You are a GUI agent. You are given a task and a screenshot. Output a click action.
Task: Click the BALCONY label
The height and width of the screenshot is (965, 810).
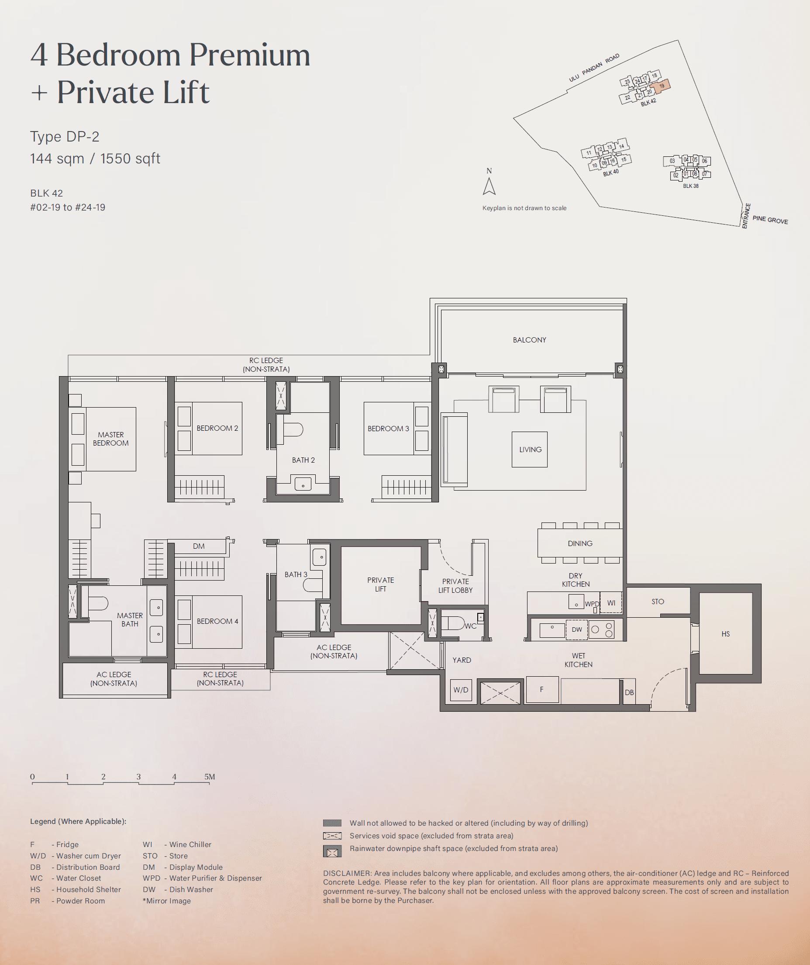click(529, 340)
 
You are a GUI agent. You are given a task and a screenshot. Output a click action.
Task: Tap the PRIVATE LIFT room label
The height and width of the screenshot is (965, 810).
click(380, 584)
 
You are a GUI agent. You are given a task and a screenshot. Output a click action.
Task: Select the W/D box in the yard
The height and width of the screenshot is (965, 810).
click(461, 690)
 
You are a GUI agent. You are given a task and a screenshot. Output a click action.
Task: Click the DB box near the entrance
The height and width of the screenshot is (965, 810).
click(629, 692)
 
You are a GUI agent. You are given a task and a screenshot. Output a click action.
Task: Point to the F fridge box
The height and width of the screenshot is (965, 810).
click(542, 689)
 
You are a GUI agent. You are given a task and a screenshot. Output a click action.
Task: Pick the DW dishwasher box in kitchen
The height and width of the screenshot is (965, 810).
click(576, 629)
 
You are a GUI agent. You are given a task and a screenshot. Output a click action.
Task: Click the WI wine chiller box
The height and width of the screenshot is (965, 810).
click(611, 603)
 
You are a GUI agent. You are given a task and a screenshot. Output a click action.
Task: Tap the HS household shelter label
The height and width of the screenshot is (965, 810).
click(725, 634)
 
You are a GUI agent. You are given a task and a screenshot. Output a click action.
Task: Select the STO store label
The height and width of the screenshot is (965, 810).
click(658, 602)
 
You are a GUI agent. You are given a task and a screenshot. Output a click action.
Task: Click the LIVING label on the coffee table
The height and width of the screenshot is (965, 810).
click(530, 450)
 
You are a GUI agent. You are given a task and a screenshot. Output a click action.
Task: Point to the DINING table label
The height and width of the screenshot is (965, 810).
click(580, 543)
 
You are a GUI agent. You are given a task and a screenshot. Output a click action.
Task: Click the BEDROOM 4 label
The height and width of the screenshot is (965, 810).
click(217, 621)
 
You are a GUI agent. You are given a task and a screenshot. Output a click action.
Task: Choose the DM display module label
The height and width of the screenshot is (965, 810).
click(199, 546)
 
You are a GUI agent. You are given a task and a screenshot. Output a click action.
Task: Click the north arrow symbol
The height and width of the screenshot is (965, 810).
click(489, 186)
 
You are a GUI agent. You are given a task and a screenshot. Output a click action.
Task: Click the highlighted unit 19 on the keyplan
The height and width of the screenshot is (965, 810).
click(661, 86)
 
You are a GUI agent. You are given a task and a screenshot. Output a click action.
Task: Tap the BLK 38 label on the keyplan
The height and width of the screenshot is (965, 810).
click(690, 186)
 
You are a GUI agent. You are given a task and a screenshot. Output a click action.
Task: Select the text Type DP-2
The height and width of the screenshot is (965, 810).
click(64, 136)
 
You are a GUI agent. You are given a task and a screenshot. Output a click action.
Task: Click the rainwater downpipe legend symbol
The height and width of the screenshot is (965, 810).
click(332, 852)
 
